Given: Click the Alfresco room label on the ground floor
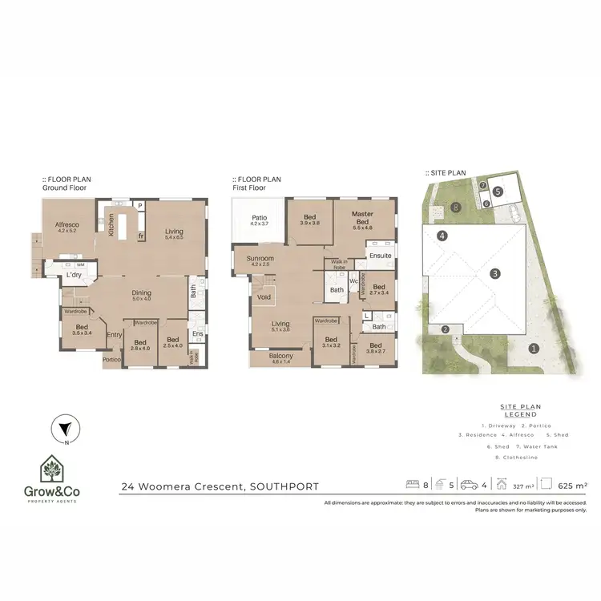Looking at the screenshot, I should tap(66, 226).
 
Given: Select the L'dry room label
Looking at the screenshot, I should tap(75, 275).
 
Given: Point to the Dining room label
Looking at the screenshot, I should tap(142, 293).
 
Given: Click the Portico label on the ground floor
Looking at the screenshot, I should tap(112, 360).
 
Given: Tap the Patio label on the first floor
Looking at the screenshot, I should tap(258, 217).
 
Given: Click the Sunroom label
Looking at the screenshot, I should tap(260, 259).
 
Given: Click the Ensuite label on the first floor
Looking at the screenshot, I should tap(380, 256).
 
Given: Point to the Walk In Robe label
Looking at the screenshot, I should tap(337, 264).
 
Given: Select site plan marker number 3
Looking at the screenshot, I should tap(496, 273).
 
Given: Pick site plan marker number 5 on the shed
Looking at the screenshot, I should tap(498, 192).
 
